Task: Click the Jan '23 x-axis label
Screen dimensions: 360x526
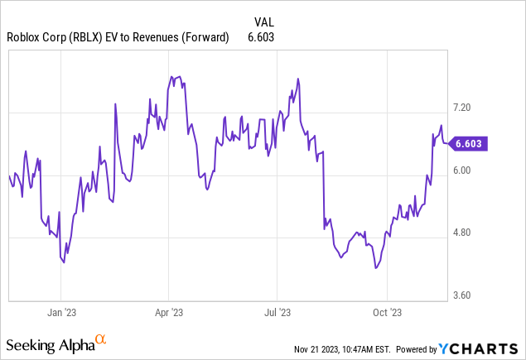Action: click(x=60, y=313)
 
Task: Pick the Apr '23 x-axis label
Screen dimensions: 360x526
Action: click(x=168, y=313)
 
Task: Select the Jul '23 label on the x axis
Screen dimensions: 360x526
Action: click(x=277, y=313)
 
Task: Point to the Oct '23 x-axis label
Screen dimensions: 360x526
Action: click(x=387, y=313)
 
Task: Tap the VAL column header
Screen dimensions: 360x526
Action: click(x=263, y=22)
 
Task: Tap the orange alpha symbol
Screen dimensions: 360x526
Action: click(x=100, y=339)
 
